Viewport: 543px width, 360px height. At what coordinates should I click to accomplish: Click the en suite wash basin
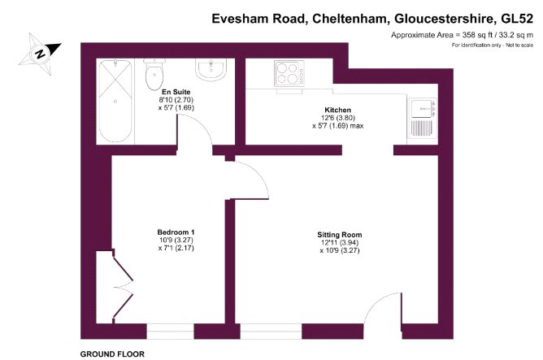(x=211, y=70)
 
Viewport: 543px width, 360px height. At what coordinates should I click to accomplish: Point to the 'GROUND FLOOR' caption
(x=112, y=354)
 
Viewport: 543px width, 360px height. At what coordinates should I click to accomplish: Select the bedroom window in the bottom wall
(x=171, y=332)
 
